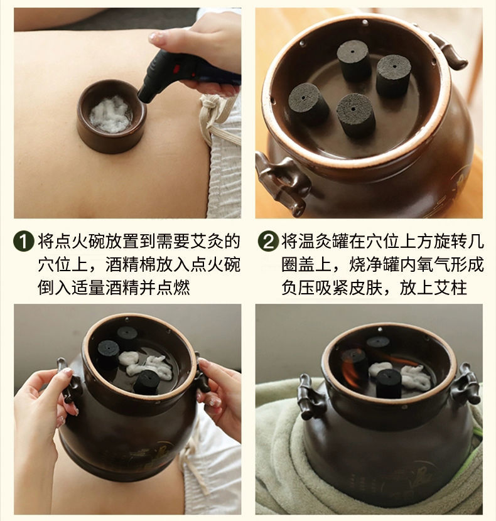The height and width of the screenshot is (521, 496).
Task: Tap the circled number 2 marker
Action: (268, 241)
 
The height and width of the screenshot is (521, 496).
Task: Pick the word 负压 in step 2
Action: (298, 288)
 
